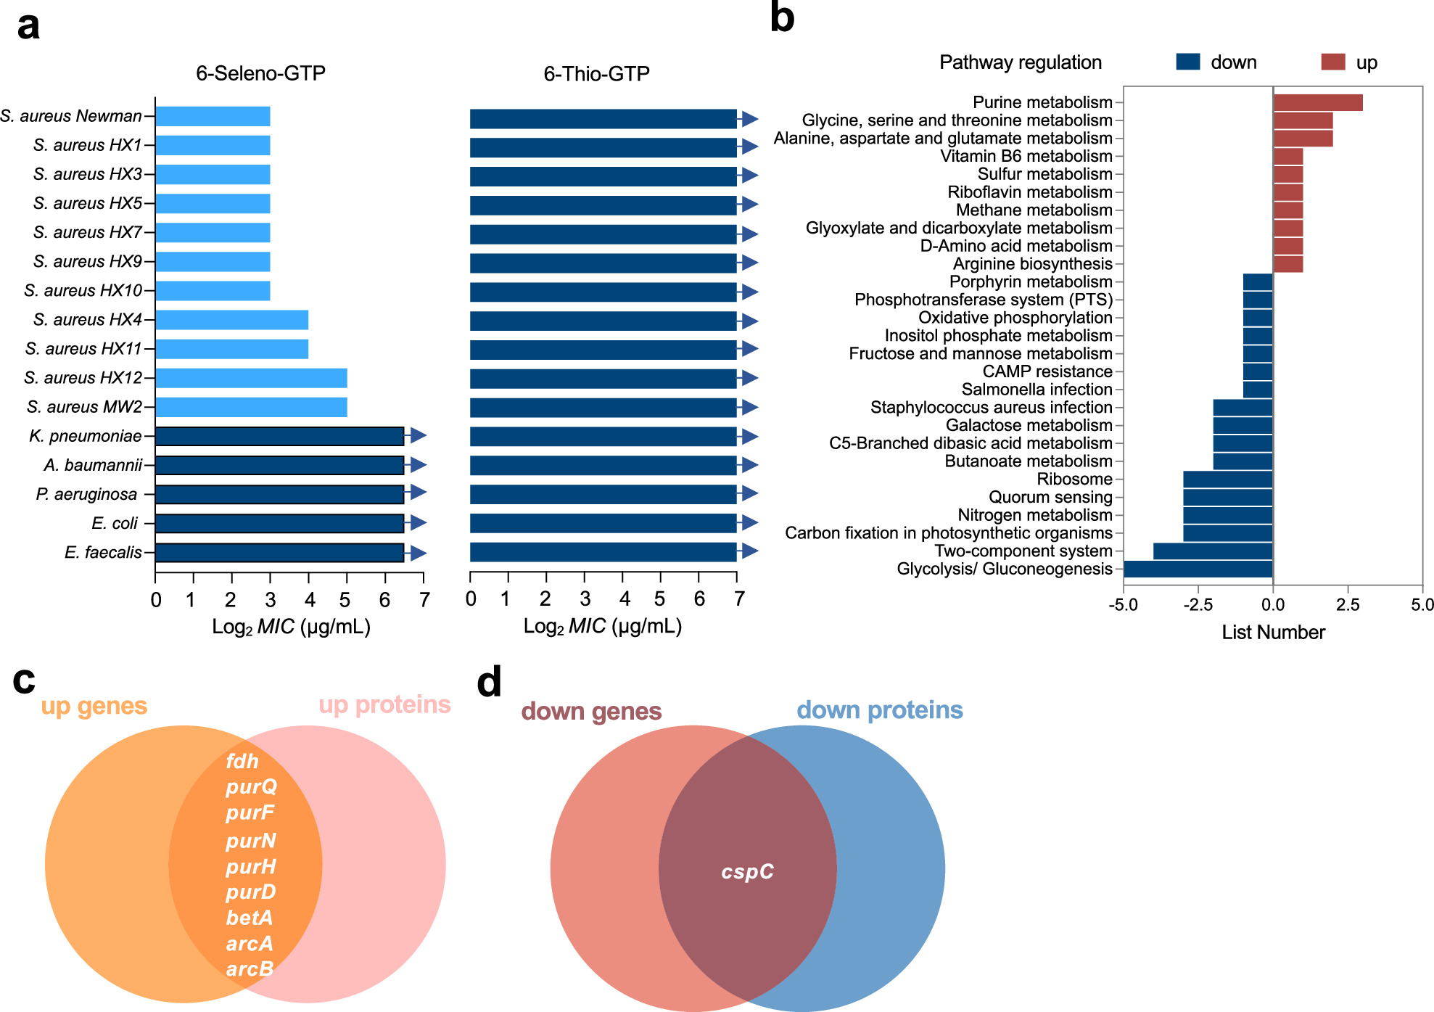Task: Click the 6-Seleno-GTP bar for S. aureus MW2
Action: (x=251, y=407)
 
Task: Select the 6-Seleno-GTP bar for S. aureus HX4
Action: (x=232, y=320)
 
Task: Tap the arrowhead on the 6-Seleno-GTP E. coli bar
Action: (x=418, y=523)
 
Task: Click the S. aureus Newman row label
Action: (x=71, y=116)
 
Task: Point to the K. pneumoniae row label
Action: (x=86, y=436)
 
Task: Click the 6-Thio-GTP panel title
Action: (x=596, y=74)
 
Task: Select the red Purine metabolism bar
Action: (x=1318, y=102)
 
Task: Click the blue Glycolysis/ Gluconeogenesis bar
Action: (x=1198, y=569)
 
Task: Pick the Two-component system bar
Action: (x=1213, y=551)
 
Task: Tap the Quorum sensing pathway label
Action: (x=1050, y=497)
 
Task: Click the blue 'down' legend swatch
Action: (x=1188, y=62)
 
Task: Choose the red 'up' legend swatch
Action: (x=1333, y=62)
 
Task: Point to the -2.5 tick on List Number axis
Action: (x=1198, y=605)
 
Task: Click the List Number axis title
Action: (x=1273, y=633)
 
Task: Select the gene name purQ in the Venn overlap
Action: (x=251, y=787)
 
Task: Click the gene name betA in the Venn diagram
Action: (x=250, y=918)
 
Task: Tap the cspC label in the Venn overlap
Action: (x=747, y=871)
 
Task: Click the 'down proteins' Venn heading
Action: (x=879, y=709)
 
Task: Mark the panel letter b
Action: (x=782, y=17)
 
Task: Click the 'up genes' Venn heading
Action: (x=94, y=706)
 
